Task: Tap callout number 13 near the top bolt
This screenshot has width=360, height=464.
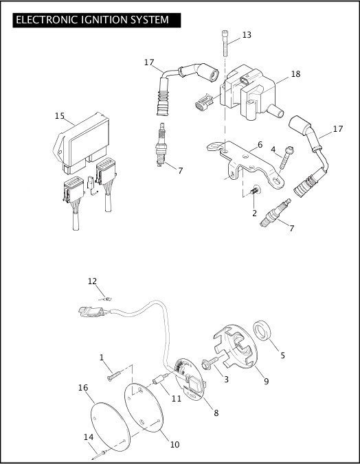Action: [247, 35]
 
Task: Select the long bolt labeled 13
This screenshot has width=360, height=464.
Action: [225, 43]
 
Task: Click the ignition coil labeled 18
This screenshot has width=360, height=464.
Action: [251, 93]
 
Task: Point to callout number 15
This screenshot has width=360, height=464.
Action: [60, 116]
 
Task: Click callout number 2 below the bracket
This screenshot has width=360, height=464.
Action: [254, 213]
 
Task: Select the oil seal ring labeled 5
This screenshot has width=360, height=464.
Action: [262, 330]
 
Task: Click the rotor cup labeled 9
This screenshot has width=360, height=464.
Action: [236, 346]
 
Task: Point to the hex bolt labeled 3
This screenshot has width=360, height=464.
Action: [210, 362]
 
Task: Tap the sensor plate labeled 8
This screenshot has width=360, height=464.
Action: [190, 378]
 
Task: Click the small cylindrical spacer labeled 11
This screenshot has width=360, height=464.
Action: [161, 379]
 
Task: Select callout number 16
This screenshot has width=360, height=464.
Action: [83, 387]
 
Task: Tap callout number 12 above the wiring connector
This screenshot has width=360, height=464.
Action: [92, 281]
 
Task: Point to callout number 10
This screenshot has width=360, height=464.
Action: [175, 444]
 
